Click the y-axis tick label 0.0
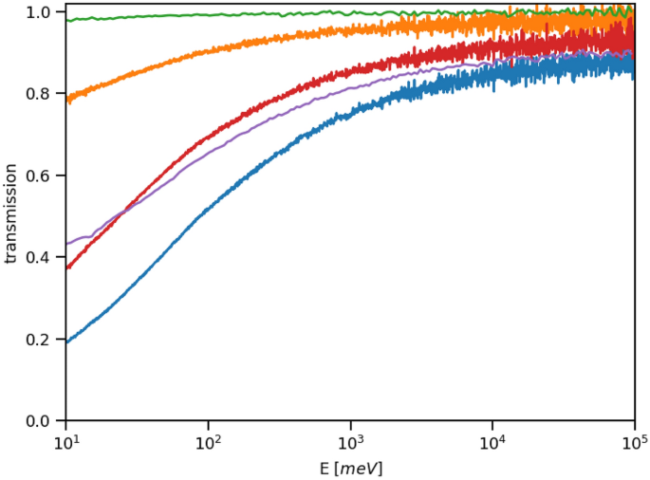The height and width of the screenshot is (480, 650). coord(38,421)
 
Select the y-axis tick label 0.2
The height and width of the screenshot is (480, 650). coord(38,340)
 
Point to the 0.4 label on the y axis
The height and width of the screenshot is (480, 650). coord(38,258)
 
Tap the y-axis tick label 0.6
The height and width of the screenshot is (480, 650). coord(38,176)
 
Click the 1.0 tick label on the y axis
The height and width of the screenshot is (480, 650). coord(38,13)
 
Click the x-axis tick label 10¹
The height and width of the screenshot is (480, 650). coord(65,442)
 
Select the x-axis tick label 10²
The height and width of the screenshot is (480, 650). coord(208,442)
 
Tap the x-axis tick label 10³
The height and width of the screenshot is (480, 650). coord(350,442)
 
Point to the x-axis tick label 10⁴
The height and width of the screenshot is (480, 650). coord(492,442)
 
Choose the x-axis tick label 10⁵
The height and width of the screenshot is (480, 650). coord(635,442)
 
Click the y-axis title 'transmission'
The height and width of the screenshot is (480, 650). coord(11,213)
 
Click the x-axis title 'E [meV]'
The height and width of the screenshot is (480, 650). coord(350,468)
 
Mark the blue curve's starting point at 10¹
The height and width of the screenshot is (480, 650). coord(66,342)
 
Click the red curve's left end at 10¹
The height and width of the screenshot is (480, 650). coord(66,268)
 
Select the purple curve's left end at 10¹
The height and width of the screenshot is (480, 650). coord(66,244)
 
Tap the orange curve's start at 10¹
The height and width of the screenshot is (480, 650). coord(66,99)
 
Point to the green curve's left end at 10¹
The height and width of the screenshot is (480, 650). coord(66,20)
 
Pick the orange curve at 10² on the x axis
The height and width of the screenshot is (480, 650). coord(208,51)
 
